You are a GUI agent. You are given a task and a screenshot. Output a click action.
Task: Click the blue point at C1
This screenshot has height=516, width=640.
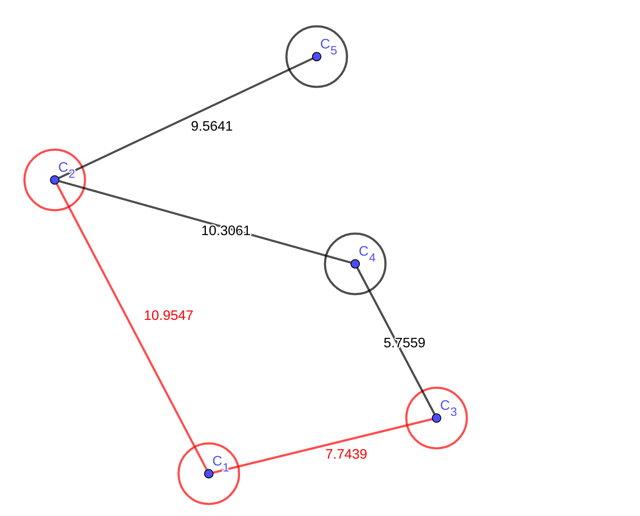coord(208,474)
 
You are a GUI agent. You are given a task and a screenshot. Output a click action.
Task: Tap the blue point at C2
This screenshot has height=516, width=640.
coord(55,180)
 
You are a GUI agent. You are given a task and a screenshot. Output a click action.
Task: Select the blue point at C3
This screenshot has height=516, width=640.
coord(436,418)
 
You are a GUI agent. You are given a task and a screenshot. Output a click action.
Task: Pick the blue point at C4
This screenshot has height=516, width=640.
coord(355,264)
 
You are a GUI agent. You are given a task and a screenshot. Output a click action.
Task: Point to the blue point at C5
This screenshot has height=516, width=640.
coord(316,57)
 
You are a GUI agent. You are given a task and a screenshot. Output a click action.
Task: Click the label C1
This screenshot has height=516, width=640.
coord(220,463)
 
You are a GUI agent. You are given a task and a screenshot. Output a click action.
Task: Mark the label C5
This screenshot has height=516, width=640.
coord(328,46)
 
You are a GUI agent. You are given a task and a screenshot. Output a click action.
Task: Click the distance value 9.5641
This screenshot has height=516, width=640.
coord(211,126)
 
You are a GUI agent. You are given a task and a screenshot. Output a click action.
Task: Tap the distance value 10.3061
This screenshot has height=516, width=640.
coord(226,231)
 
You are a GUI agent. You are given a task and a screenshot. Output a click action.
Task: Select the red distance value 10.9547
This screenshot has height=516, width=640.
coord(168,316)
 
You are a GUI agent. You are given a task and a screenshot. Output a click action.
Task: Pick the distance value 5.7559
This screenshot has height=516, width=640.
coord(404,343)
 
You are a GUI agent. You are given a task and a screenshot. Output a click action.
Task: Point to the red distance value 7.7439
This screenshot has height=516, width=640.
coord(346,454)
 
